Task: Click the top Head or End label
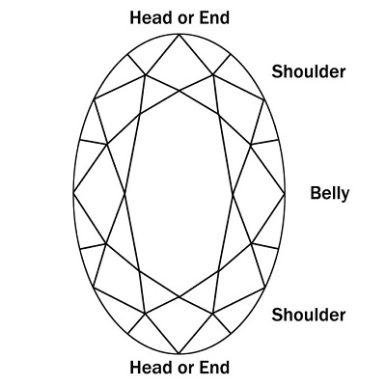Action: pos(179,17)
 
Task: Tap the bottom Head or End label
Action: pos(179,368)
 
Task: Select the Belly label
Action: pos(329,194)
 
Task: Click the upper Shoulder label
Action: pos(309,71)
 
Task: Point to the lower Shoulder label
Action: pos(309,315)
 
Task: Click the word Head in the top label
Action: pos(151,17)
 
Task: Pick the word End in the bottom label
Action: pos(214,368)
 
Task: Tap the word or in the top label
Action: pos(185,19)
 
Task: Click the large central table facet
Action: pos(179,194)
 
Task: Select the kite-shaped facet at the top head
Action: pos(179,65)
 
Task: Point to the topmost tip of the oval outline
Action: pos(179,34)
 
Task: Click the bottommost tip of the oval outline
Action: pos(179,354)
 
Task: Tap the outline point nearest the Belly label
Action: pos(285,194)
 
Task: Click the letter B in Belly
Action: pos(316,193)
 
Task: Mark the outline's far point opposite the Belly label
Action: pos(73,193)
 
